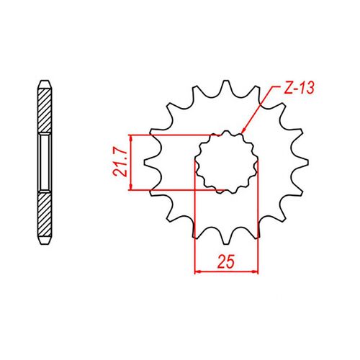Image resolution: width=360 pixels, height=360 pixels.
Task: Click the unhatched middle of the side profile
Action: click(x=45, y=162)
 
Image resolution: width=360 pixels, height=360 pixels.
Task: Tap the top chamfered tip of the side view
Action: click(x=45, y=81)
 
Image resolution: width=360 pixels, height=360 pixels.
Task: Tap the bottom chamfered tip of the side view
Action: click(x=45, y=243)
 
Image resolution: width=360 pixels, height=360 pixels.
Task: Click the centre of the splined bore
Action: click(x=227, y=162)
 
